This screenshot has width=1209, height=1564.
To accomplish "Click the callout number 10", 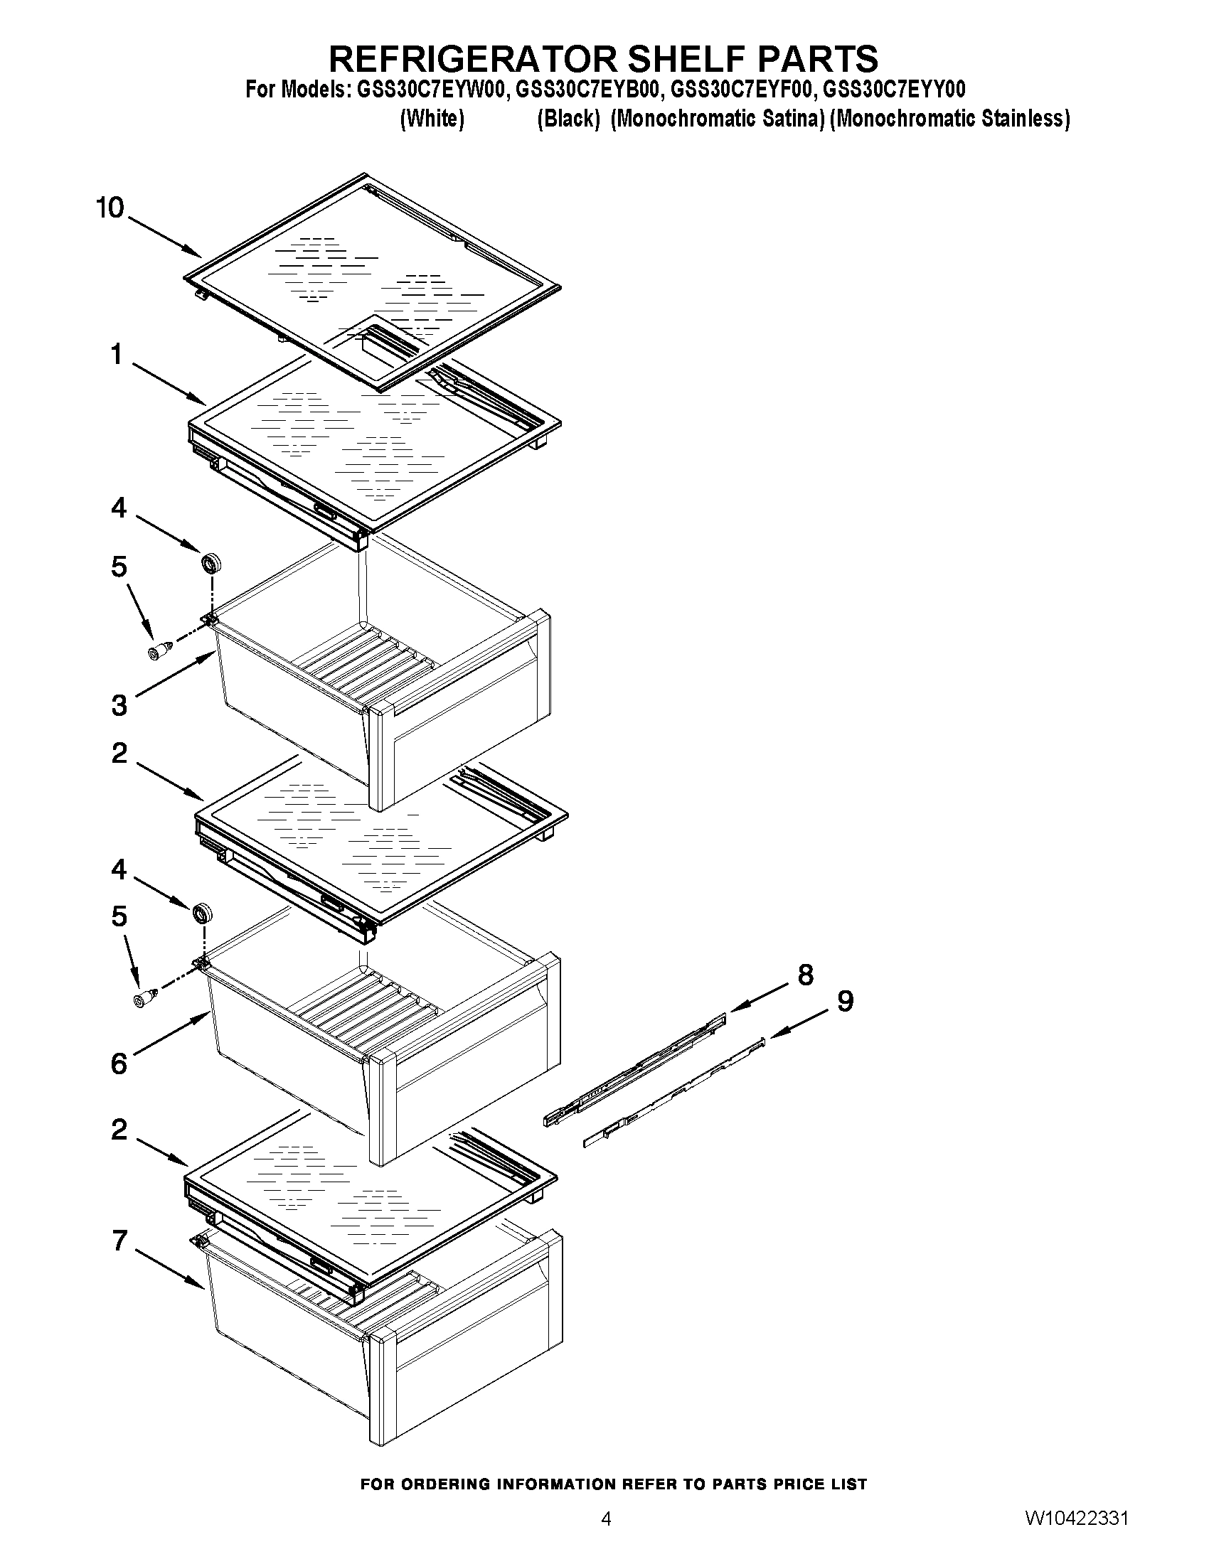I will click(x=110, y=208).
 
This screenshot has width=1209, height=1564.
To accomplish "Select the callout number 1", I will click(x=117, y=354).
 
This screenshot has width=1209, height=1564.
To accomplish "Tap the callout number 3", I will click(x=119, y=705).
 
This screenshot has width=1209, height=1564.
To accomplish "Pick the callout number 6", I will click(x=119, y=1064).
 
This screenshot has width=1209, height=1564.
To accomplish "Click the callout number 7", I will click(x=119, y=1241).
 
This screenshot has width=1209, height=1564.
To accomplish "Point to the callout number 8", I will click(x=806, y=975).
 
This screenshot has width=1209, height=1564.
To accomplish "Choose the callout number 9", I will click(x=845, y=1001).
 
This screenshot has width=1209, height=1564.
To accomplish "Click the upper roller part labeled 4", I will click(x=211, y=563).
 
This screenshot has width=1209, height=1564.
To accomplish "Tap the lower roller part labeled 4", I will click(x=203, y=914).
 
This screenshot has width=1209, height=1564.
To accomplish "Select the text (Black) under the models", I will click(x=568, y=119).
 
